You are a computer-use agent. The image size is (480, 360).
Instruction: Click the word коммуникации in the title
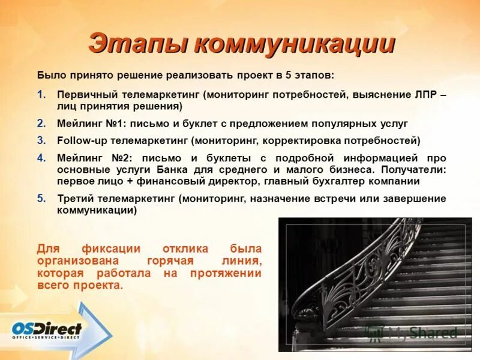[x=294, y=45]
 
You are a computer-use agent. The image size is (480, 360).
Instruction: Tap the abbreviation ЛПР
[x=425, y=95]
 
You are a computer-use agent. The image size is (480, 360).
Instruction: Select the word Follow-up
[x=80, y=140]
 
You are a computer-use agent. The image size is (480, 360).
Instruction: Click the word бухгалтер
[x=353, y=181]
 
